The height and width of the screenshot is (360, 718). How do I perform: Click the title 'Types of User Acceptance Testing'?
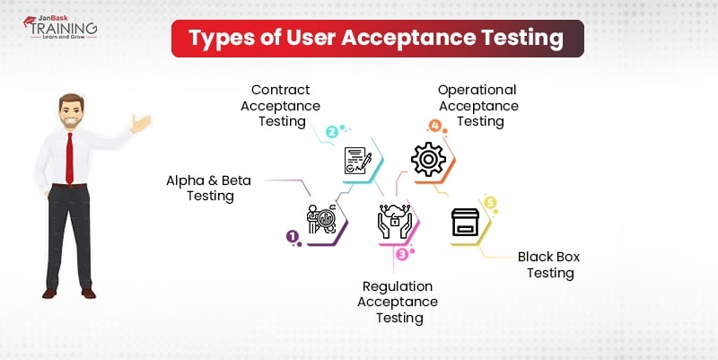(377, 39)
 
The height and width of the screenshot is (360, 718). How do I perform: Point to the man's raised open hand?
(142, 123)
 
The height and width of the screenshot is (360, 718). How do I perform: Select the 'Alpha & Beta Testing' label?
(209, 188)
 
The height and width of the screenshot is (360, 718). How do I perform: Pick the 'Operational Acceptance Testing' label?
(477, 106)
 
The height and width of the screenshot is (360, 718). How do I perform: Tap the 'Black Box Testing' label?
(549, 265)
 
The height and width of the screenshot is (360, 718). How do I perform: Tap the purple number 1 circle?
(292, 237)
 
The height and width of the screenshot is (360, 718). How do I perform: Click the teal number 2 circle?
(331, 132)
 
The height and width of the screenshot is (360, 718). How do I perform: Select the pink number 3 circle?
(402, 254)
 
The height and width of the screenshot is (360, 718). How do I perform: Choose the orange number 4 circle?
(435, 126)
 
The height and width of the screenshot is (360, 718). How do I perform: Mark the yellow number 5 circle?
(489, 203)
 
